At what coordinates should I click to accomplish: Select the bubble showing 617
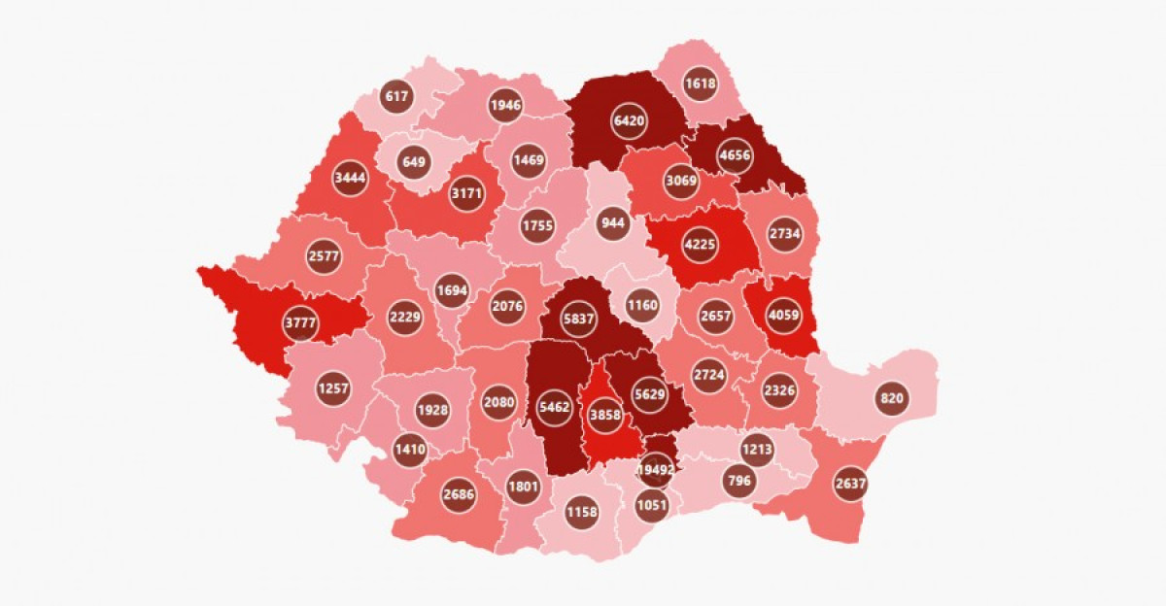pos(397,96)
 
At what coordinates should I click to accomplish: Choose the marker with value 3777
pos(301,322)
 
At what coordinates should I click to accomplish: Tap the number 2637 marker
pos(850,484)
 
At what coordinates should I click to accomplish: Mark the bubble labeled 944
pos(612,223)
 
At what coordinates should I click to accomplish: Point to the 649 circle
pos(414,161)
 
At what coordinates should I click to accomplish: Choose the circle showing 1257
pos(332,388)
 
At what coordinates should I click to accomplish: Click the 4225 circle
pos(700,244)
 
